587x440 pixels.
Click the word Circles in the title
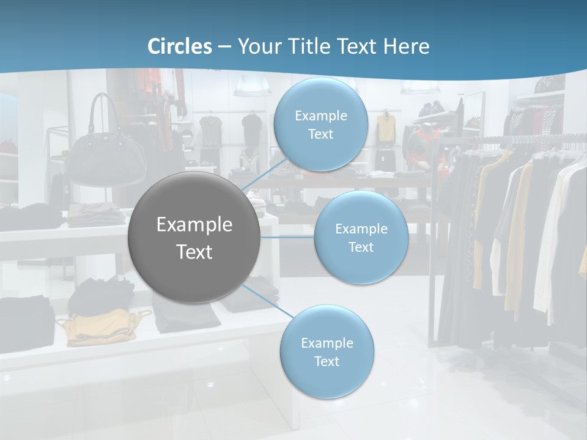pyautogui.click(x=179, y=46)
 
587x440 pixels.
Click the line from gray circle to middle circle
pyautogui.click(x=287, y=237)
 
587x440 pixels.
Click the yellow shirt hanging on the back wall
pyautogui.click(x=385, y=127)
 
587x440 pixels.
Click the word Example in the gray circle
pyautogui.click(x=194, y=225)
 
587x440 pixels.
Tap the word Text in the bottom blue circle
pyautogui.click(x=327, y=361)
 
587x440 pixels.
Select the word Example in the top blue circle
pyautogui.click(x=320, y=116)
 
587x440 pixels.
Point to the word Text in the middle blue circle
pyautogui.click(x=361, y=247)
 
